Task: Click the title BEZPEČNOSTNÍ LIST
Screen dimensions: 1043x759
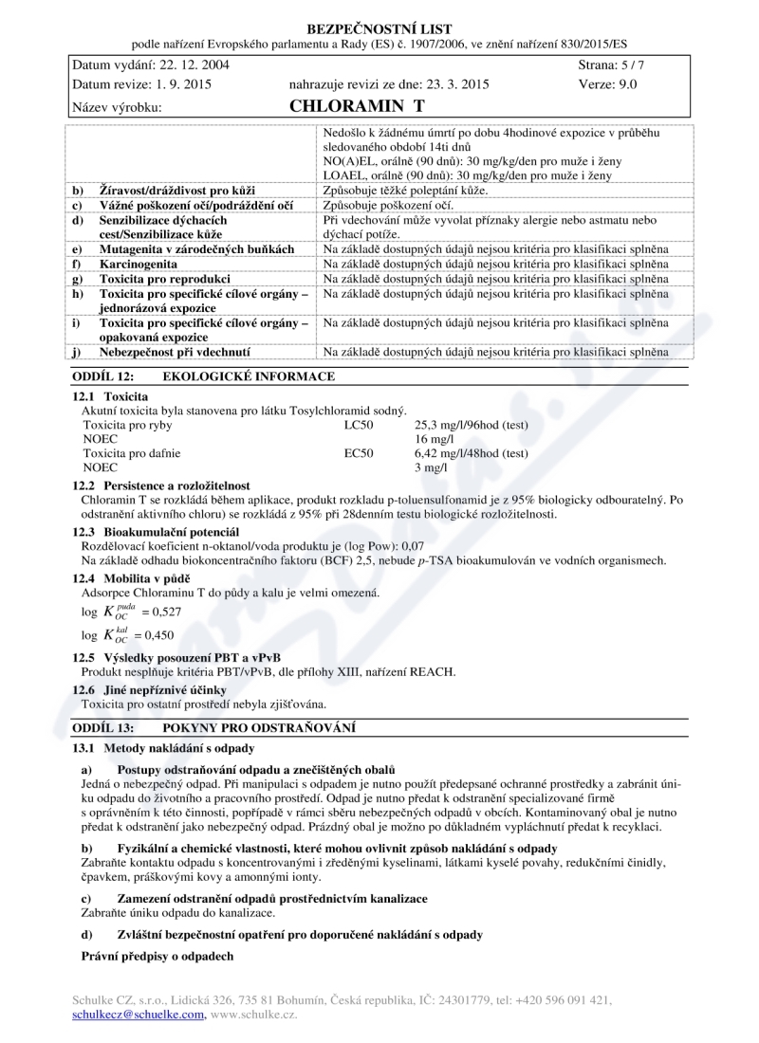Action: tap(379, 29)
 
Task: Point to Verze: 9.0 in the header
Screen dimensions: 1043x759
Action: tap(607, 83)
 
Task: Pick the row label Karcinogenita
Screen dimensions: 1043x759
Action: tap(139, 265)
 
